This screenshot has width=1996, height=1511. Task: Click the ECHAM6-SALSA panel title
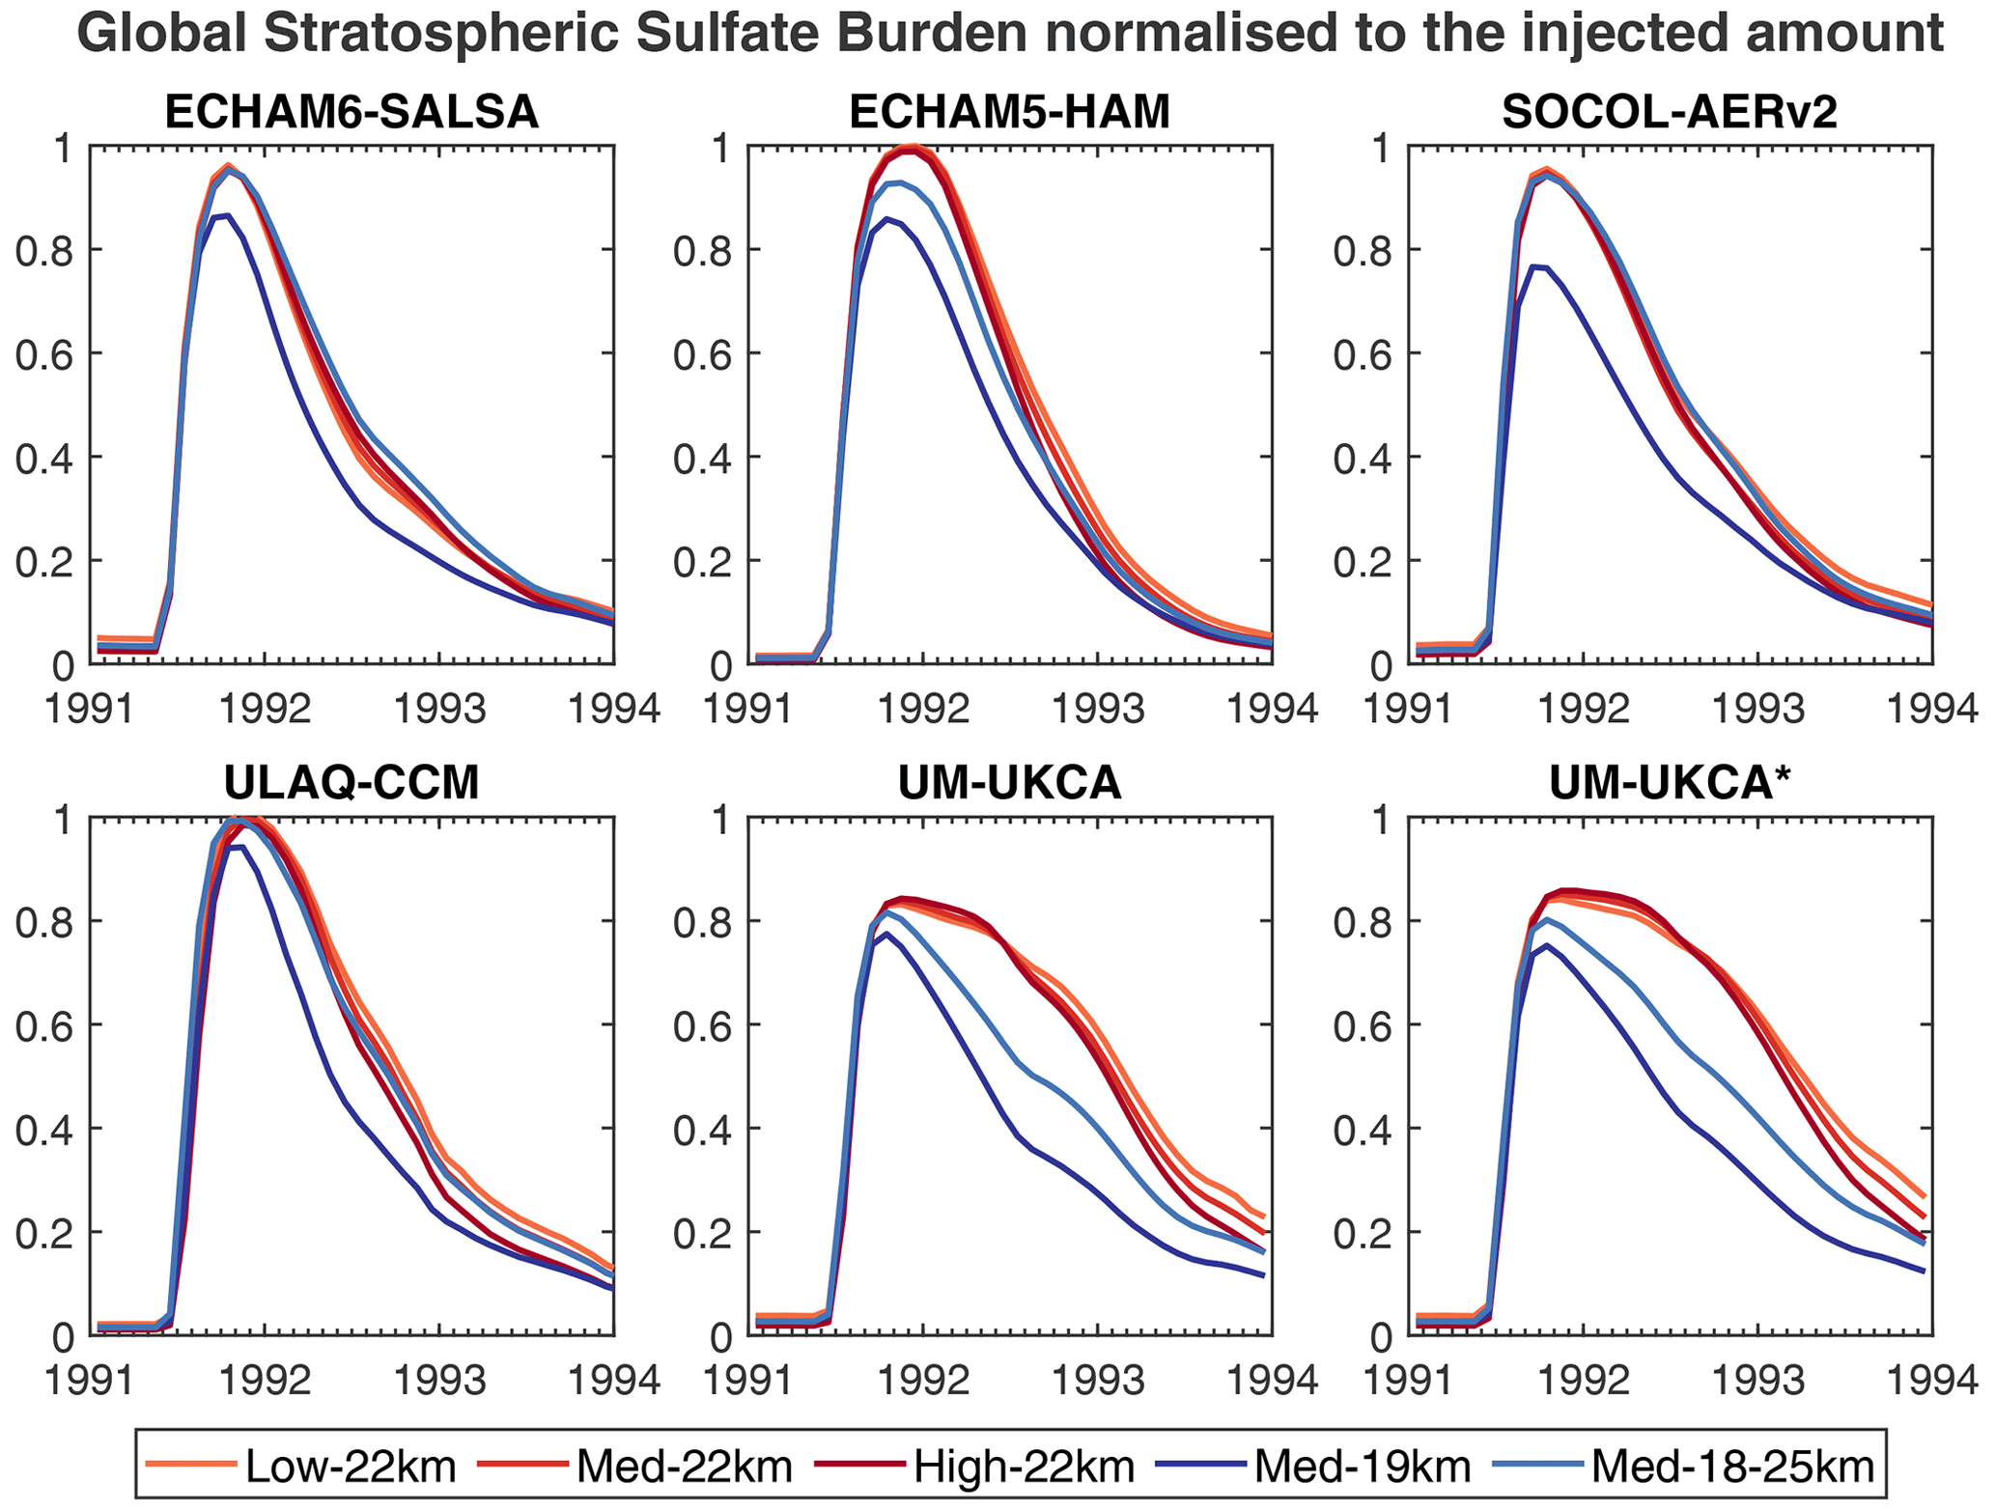351,113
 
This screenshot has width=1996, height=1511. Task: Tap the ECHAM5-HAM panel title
1010,113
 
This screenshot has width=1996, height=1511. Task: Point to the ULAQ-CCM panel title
351,783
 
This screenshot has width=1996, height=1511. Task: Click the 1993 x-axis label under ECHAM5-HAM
1097,710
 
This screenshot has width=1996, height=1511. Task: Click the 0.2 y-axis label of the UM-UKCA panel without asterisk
707,1233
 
